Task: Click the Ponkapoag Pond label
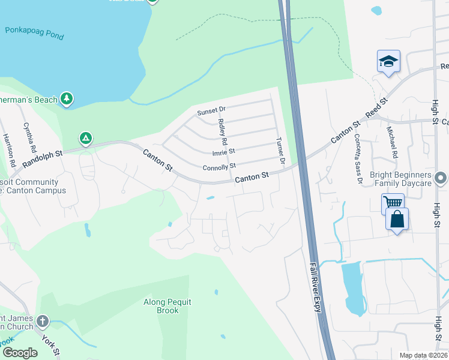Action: pos(34,32)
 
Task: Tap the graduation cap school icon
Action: pos(388,62)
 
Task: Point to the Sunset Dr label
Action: pos(211,112)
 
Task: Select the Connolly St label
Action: pos(220,166)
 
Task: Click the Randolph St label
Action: pos(43,159)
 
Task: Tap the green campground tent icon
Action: pos(86,139)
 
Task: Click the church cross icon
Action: pos(41,321)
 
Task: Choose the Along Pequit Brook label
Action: pos(167,306)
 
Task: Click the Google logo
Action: pos(20,353)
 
